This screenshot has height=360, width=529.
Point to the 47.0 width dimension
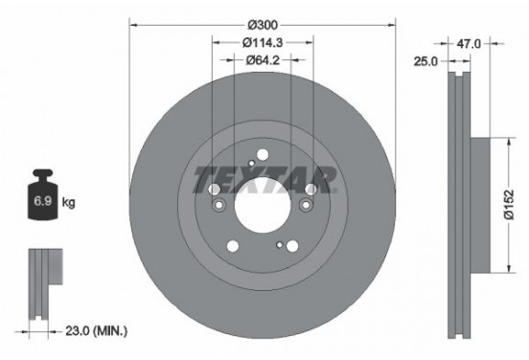469,43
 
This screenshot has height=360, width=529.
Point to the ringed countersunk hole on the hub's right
307,205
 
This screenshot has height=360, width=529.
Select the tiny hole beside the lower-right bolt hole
278,245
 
